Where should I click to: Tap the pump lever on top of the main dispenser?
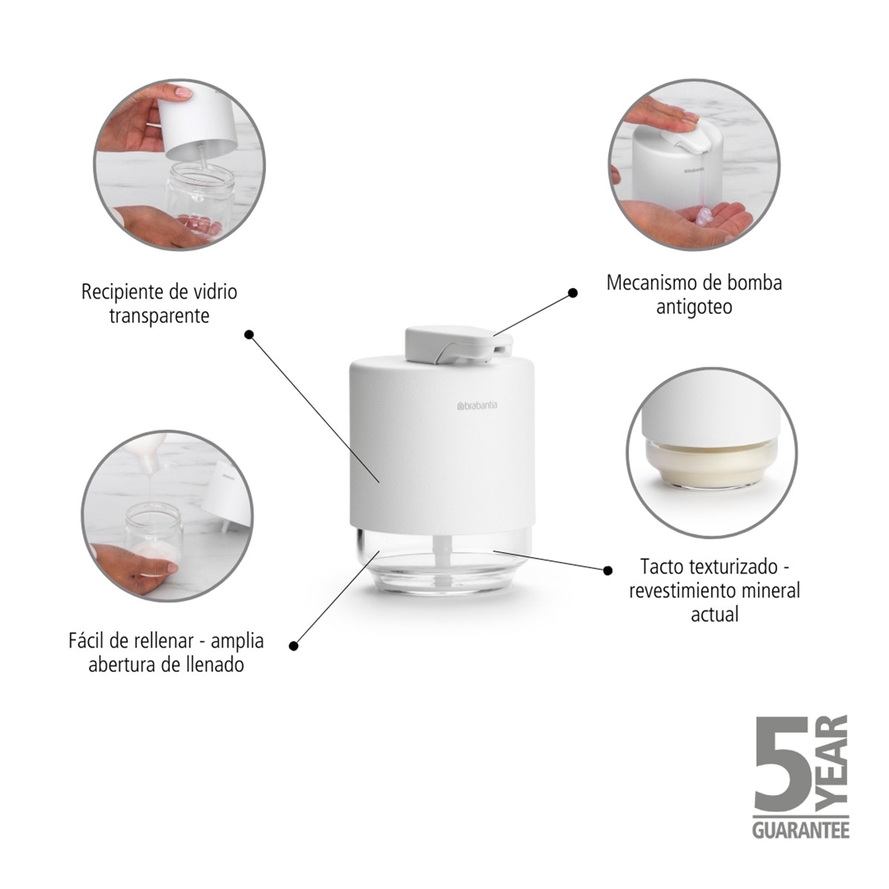(444, 341)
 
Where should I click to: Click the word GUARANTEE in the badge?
(800, 830)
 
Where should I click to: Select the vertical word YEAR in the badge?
(836, 763)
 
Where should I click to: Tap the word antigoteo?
(693, 307)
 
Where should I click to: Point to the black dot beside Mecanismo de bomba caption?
(573, 293)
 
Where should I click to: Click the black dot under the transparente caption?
(250, 334)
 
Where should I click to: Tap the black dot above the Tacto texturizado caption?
(607, 570)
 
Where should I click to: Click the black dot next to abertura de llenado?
(294, 646)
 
